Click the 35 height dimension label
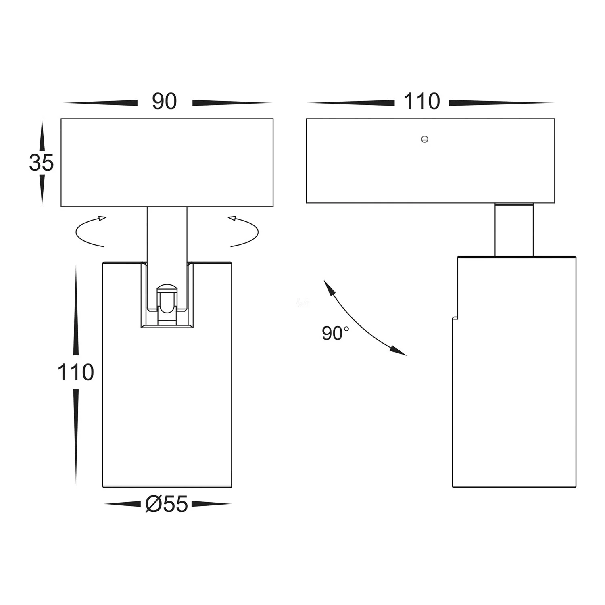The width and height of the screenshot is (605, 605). coord(41,163)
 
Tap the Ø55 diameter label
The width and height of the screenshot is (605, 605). coord(167,504)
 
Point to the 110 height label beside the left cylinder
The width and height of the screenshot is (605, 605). coord(75,372)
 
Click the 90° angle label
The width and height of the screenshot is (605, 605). coord(336,334)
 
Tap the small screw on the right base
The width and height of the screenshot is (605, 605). coord(424,140)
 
